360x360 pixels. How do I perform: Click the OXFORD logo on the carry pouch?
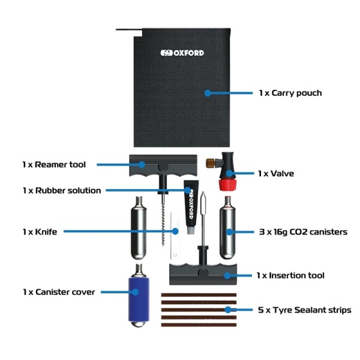click(182, 53)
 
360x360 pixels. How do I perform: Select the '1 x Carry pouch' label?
click(290, 93)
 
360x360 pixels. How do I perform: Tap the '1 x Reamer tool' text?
click(54, 164)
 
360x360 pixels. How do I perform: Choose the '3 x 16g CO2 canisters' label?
click(302, 232)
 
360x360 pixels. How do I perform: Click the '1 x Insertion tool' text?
click(290, 275)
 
